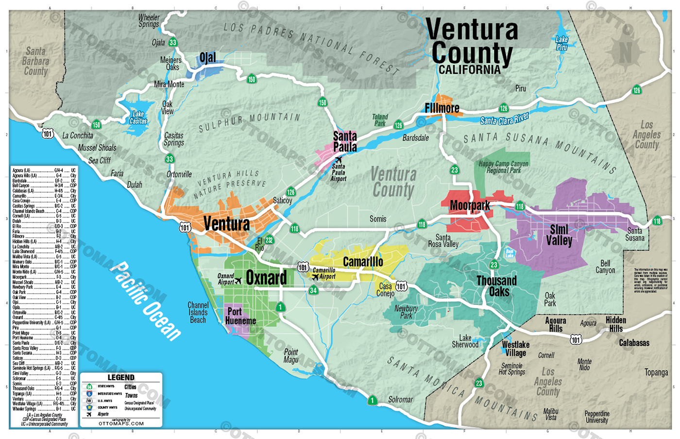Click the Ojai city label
pyautogui.click(x=207, y=58)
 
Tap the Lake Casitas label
pyautogui.click(x=138, y=118)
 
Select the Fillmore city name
pyautogui.click(x=442, y=108)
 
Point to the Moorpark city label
pyautogui.click(x=470, y=205)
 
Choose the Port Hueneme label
pyautogui.click(x=240, y=316)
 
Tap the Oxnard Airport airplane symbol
pyautogui.click(x=238, y=281)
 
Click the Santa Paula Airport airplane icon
pyautogui.click(x=339, y=160)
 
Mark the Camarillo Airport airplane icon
pyautogui.click(x=315, y=277)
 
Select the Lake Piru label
pyautogui.click(x=561, y=43)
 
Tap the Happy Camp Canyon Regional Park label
pyautogui.click(x=503, y=167)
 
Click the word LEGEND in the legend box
pyautogui.click(x=120, y=377)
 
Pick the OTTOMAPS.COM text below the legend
pyautogui.click(x=121, y=423)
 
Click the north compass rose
pyautogui.click(x=625, y=51)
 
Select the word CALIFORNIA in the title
pyautogui.click(x=469, y=70)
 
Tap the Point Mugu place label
pyautogui.click(x=291, y=355)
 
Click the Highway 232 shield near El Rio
pyautogui.click(x=269, y=240)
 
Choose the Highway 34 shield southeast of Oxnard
pyautogui.click(x=313, y=290)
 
